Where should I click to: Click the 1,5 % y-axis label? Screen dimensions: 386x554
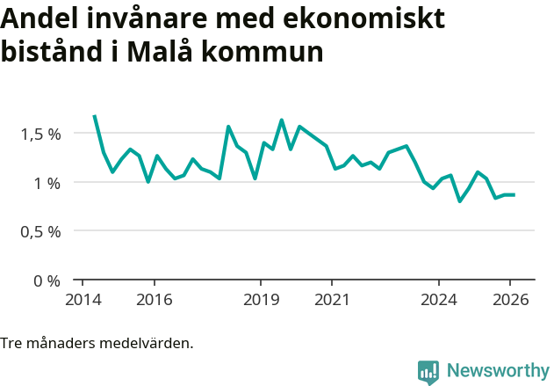tap(40, 134)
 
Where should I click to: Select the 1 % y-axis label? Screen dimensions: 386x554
tap(47, 183)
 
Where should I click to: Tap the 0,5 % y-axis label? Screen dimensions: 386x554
tap(40, 231)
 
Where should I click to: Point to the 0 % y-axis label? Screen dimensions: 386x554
tap(47, 280)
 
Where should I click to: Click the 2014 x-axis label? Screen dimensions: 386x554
tap(83, 299)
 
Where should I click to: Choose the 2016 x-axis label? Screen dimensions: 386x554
tap(154, 299)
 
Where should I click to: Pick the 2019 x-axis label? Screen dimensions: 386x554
tap(261, 299)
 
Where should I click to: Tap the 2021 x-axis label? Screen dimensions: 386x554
tap(332, 299)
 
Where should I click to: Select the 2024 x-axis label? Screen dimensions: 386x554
tap(439, 299)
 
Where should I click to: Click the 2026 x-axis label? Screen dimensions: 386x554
tap(510, 299)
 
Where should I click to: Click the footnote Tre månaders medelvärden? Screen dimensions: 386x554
tap(97, 343)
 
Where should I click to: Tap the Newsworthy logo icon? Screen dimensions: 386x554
tap(428, 372)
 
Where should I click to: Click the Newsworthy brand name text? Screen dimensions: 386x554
tap(497, 371)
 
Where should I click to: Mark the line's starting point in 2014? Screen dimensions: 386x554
tap(94, 115)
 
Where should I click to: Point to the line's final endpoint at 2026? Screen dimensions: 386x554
tap(514, 194)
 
